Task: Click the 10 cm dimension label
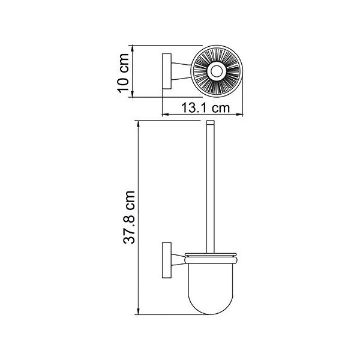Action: pyautogui.click(x=123, y=73)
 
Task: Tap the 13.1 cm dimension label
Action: pyautogui.click(x=205, y=107)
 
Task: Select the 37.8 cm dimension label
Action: pyautogui.click(x=129, y=217)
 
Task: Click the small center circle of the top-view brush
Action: pyautogui.click(x=215, y=71)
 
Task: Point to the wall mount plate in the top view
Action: pyautogui.click(x=167, y=71)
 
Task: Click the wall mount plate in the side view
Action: pyautogui.click(x=167, y=260)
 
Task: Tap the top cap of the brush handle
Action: pyautogui.click(x=211, y=122)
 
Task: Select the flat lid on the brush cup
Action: pyautogui.click(x=211, y=254)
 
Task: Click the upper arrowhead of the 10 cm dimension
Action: pyautogui.click(x=132, y=49)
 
